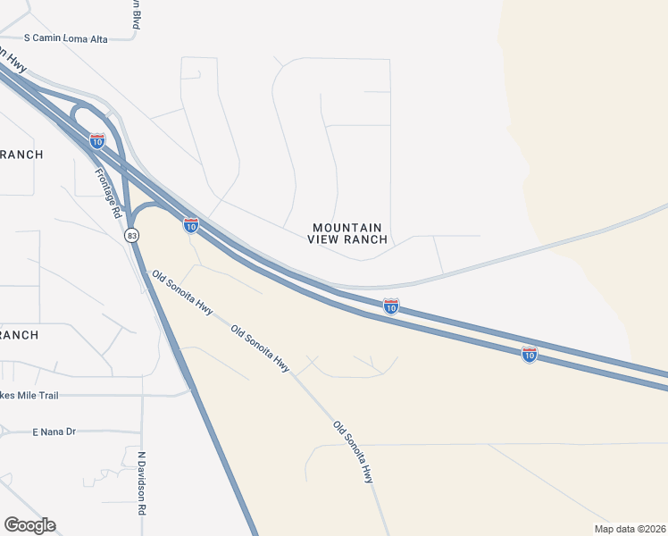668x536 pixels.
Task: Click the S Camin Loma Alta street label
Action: (65, 38)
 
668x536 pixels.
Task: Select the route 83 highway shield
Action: (132, 235)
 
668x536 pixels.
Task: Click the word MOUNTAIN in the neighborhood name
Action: (347, 228)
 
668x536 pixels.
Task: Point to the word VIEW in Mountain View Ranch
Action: (326, 239)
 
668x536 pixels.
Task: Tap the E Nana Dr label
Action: (54, 431)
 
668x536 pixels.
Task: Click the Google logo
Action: (29, 525)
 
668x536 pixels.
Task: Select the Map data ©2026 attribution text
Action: (630, 528)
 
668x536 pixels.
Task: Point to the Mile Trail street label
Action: (31, 394)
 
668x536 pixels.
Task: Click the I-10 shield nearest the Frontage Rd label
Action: (97, 140)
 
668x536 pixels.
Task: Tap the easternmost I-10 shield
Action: (530, 354)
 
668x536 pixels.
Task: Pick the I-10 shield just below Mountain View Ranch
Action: (391, 306)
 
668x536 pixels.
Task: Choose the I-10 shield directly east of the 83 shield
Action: (191, 225)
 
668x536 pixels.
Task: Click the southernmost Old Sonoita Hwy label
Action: (354, 453)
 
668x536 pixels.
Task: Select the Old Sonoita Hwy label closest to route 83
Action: (182, 293)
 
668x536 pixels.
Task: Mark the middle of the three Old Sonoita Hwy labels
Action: (260, 348)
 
